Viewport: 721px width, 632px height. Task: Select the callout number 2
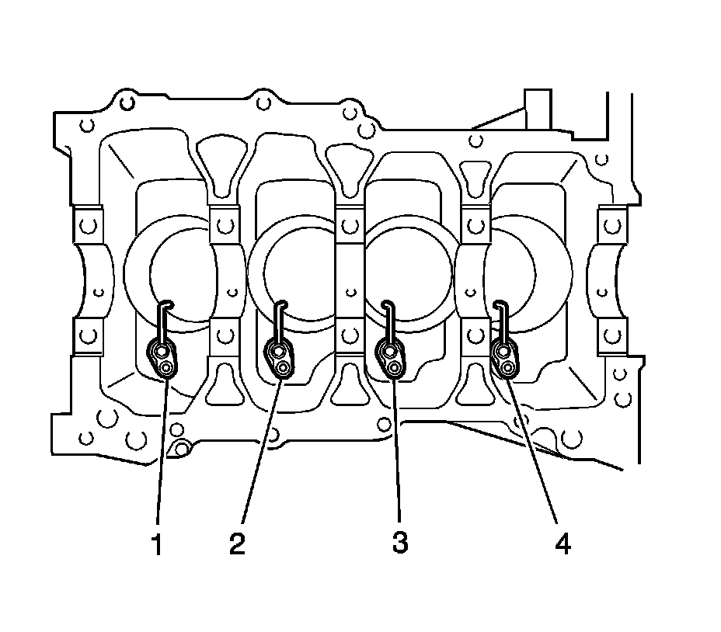pos(237,543)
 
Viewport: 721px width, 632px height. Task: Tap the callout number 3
pos(400,543)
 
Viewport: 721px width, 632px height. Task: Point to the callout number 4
pos(563,544)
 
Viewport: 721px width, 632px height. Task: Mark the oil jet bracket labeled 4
pos(506,359)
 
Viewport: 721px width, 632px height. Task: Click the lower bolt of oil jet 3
pos(395,366)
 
